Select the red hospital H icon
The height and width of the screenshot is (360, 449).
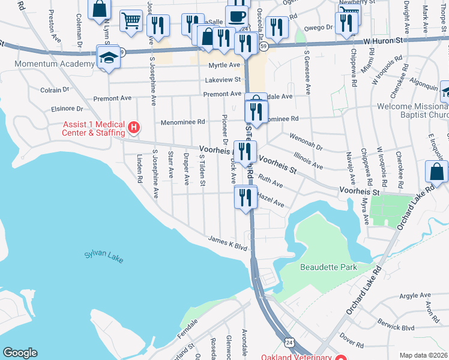(x=134, y=127)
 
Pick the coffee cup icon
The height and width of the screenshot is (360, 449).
(x=237, y=16)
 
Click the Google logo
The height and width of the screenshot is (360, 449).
(x=20, y=353)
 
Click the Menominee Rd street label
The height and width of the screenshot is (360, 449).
(x=182, y=122)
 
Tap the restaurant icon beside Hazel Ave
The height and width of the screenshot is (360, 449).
(x=244, y=196)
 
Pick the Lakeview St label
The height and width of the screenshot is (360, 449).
(x=222, y=79)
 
